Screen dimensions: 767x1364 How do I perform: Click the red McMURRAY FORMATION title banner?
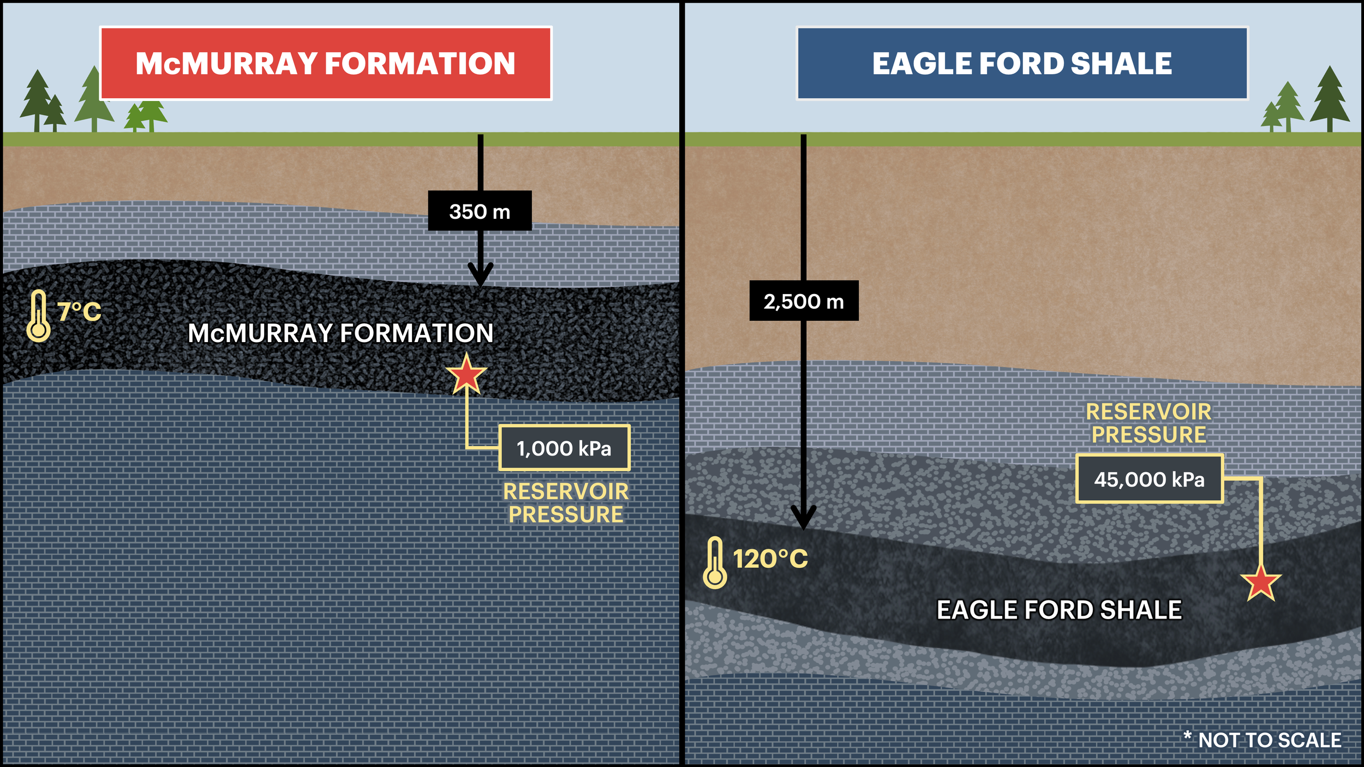pyautogui.click(x=326, y=63)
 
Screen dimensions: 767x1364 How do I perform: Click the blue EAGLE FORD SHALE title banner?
pyautogui.click(x=1022, y=63)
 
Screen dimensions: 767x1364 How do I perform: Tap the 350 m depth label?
pyautogui.click(x=480, y=211)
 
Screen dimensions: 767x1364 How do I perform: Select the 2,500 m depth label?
pyautogui.click(x=804, y=301)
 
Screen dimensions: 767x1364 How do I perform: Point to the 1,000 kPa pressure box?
pyautogui.click(x=564, y=448)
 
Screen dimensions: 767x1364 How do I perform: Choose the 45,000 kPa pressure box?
pyautogui.click(x=1149, y=479)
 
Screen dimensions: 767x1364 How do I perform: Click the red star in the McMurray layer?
pyautogui.click(x=466, y=375)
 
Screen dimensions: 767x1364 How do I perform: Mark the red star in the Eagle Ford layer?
pyautogui.click(x=1260, y=583)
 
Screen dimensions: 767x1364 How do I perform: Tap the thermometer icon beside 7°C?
pyautogui.click(x=38, y=316)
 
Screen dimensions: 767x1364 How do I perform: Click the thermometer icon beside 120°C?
pyautogui.click(x=715, y=563)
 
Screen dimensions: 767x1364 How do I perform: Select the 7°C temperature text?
pyautogui.click(x=80, y=312)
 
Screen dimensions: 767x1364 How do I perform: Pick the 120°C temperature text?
pyautogui.click(x=770, y=559)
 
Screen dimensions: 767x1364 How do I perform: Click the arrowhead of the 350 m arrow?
pyautogui.click(x=481, y=275)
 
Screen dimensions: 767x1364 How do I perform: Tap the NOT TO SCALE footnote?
pyautogui.click(x=1263, y=740)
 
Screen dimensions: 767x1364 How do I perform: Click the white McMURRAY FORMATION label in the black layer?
pyautogui.click(x=340, y=333)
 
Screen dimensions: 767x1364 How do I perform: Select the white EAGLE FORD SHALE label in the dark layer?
pyautogui.click(x=1059, y=610)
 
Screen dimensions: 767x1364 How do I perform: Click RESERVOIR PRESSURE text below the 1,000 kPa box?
pyautogui.click(x=566, y=503)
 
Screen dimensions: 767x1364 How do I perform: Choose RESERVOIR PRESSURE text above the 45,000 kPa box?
pyautogui.click(x=1148, y=423)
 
